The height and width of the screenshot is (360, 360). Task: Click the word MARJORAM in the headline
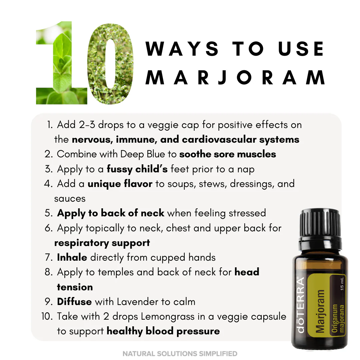235,78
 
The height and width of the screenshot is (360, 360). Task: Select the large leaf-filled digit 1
62,63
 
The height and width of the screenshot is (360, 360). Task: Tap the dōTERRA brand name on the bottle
301,305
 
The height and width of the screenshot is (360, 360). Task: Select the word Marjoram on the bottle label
320,311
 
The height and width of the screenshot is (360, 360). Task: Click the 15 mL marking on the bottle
342,284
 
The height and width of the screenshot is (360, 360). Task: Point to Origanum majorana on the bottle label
338,318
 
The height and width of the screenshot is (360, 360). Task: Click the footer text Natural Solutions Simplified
180,354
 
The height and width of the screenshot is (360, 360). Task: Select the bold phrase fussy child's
137,169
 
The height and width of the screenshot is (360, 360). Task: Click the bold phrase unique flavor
120,184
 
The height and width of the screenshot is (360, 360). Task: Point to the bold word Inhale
72,257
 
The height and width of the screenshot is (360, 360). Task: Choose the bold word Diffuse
74,302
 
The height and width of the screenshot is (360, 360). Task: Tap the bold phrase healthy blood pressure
163,331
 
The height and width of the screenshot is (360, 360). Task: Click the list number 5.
48,213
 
